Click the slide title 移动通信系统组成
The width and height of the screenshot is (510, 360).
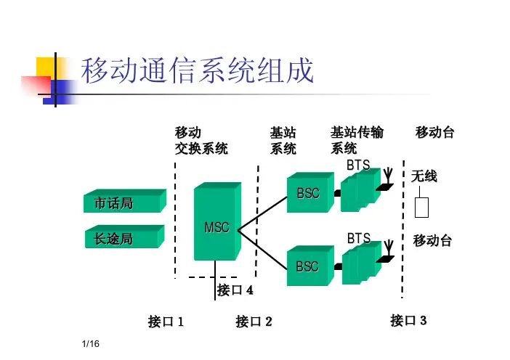point(197,72)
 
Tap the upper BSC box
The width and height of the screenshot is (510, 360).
point(308,193)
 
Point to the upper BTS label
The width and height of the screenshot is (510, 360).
point(358,165)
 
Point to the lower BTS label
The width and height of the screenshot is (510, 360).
point(358,238)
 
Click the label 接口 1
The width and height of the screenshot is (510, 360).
point(166,321)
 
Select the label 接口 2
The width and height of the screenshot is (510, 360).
point(254,321)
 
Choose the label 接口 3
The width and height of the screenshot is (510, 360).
point(408,319)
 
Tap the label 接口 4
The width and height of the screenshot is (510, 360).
point(235,290)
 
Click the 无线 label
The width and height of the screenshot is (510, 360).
point(424,176)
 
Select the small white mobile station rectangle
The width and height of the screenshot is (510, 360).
point(421,207)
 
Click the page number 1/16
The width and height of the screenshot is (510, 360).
point(90,350)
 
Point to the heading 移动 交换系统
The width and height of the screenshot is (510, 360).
point(201,141)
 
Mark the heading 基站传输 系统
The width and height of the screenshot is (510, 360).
point(357,141)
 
